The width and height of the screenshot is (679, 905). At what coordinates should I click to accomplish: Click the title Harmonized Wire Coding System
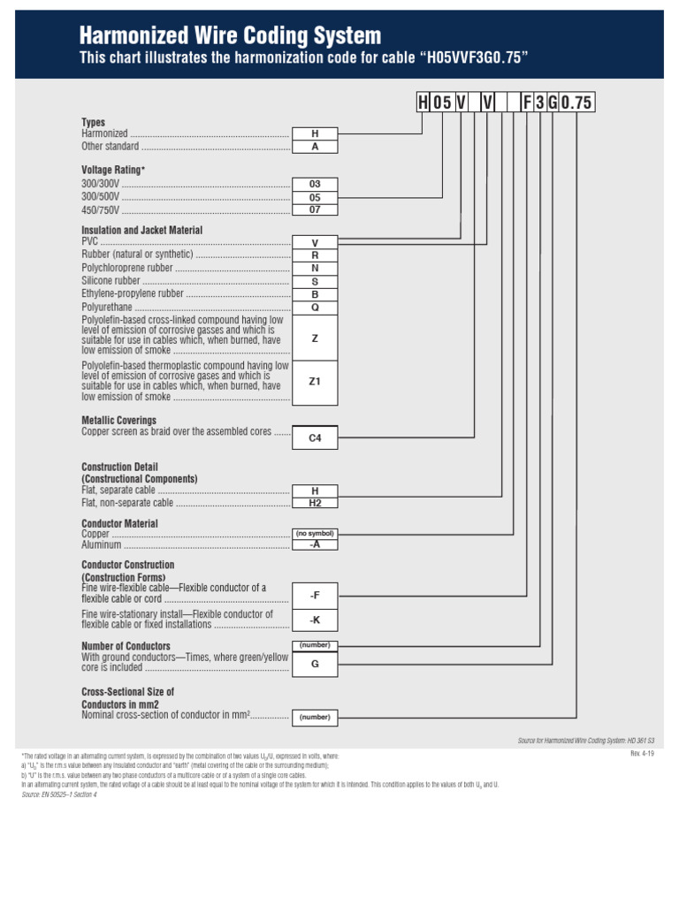click(x=230, y=36)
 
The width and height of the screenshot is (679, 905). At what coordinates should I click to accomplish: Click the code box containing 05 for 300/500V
click(x=315, y=197)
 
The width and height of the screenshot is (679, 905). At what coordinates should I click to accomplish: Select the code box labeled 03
click(x=315, y=184)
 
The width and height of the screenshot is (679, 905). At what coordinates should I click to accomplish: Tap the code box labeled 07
click(x=315, y=210)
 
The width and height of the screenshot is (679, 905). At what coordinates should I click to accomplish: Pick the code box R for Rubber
click(x=315, y=255)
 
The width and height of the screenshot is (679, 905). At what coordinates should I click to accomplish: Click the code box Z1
click(x=315, y=382)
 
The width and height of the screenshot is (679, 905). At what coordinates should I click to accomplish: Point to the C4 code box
click(x=315, y=437)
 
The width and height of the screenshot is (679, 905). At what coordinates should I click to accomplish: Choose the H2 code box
click(x=315, y=503)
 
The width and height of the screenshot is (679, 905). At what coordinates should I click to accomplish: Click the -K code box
click(x=315, y=620)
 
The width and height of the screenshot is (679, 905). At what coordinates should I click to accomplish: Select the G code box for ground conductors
click(x=315, y=663)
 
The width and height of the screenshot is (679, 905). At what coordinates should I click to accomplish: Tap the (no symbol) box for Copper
click(x=315, y=534)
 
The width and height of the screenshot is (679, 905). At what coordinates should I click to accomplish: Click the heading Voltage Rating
click(x=113, y=170)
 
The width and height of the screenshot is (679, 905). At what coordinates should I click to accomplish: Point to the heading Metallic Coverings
click(x=118, y=421)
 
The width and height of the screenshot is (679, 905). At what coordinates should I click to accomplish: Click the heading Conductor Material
click(x=119, y=523)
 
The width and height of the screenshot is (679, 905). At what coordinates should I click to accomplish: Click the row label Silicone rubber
click(x=111, y=280)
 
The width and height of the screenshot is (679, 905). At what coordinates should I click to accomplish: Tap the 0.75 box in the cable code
click(x=576, y=103)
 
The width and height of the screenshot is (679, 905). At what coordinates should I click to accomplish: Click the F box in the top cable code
click(x=527, y=103)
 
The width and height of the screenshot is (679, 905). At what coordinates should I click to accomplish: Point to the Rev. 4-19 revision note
click(x=642, y=753)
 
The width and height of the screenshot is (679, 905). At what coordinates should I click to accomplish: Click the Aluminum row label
click(x=101, y=545)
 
